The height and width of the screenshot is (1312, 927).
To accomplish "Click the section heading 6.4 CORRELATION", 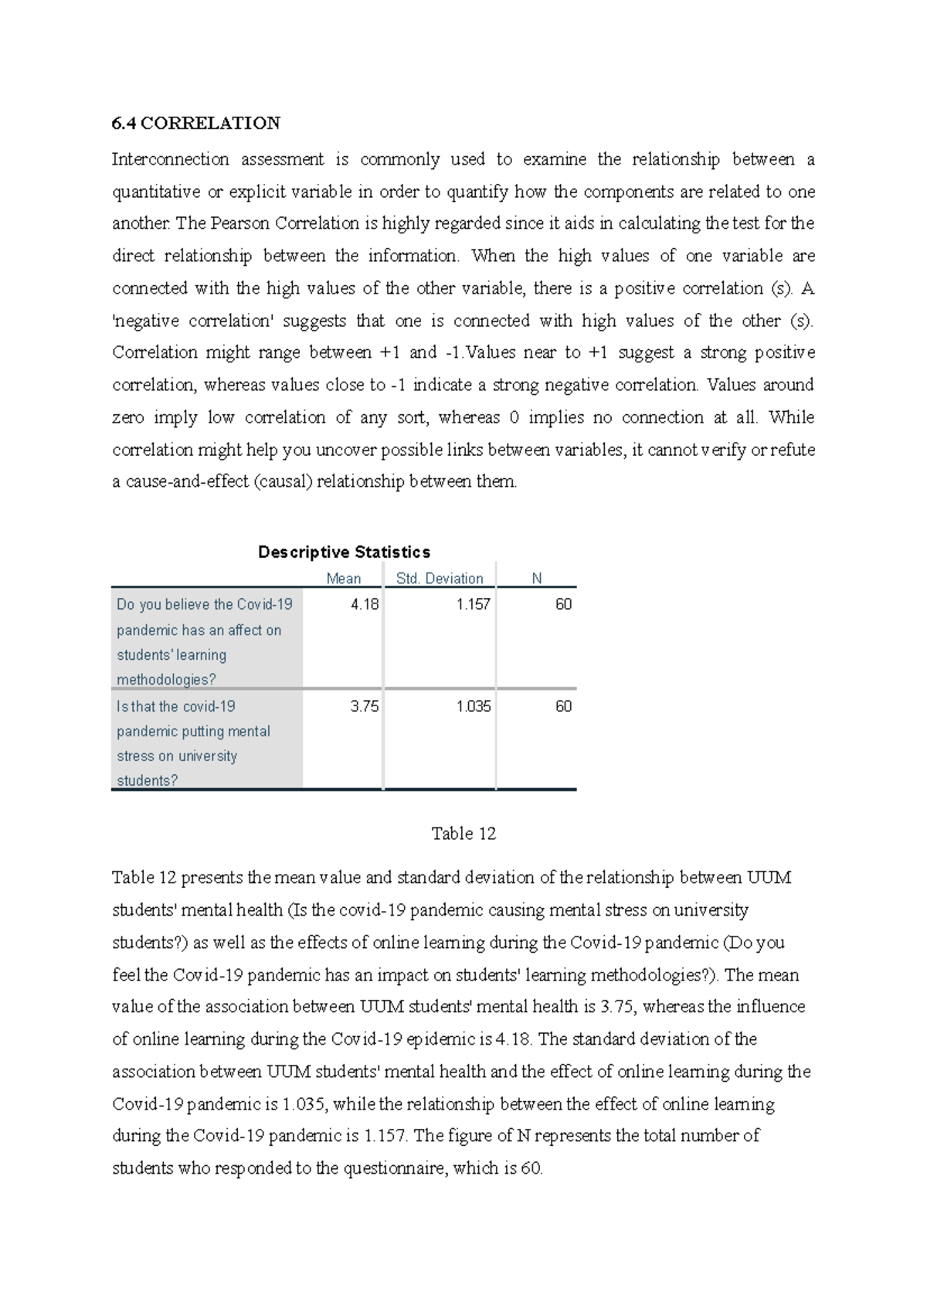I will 196,124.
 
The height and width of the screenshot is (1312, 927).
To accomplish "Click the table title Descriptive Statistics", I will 344,552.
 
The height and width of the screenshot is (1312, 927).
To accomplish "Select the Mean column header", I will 344,579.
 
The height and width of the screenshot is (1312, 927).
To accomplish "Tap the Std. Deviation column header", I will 440,579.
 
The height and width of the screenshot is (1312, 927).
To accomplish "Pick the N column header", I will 537,579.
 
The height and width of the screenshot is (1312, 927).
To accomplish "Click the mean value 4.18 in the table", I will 365,604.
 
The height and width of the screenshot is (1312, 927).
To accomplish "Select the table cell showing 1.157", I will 474,604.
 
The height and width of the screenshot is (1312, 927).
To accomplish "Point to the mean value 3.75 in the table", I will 365,706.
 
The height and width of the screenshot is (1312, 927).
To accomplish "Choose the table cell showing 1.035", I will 474,706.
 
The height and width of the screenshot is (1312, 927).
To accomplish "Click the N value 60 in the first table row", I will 563,604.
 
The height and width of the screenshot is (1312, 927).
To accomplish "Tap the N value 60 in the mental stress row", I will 563,706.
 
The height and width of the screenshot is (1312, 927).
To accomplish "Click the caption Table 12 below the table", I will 463,834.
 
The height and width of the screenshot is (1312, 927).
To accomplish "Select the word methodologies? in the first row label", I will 166,680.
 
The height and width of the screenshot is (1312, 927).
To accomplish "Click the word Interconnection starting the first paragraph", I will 171,160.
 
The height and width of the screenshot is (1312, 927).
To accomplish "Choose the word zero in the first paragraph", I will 128,418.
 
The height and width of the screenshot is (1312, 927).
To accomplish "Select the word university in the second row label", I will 207,756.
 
